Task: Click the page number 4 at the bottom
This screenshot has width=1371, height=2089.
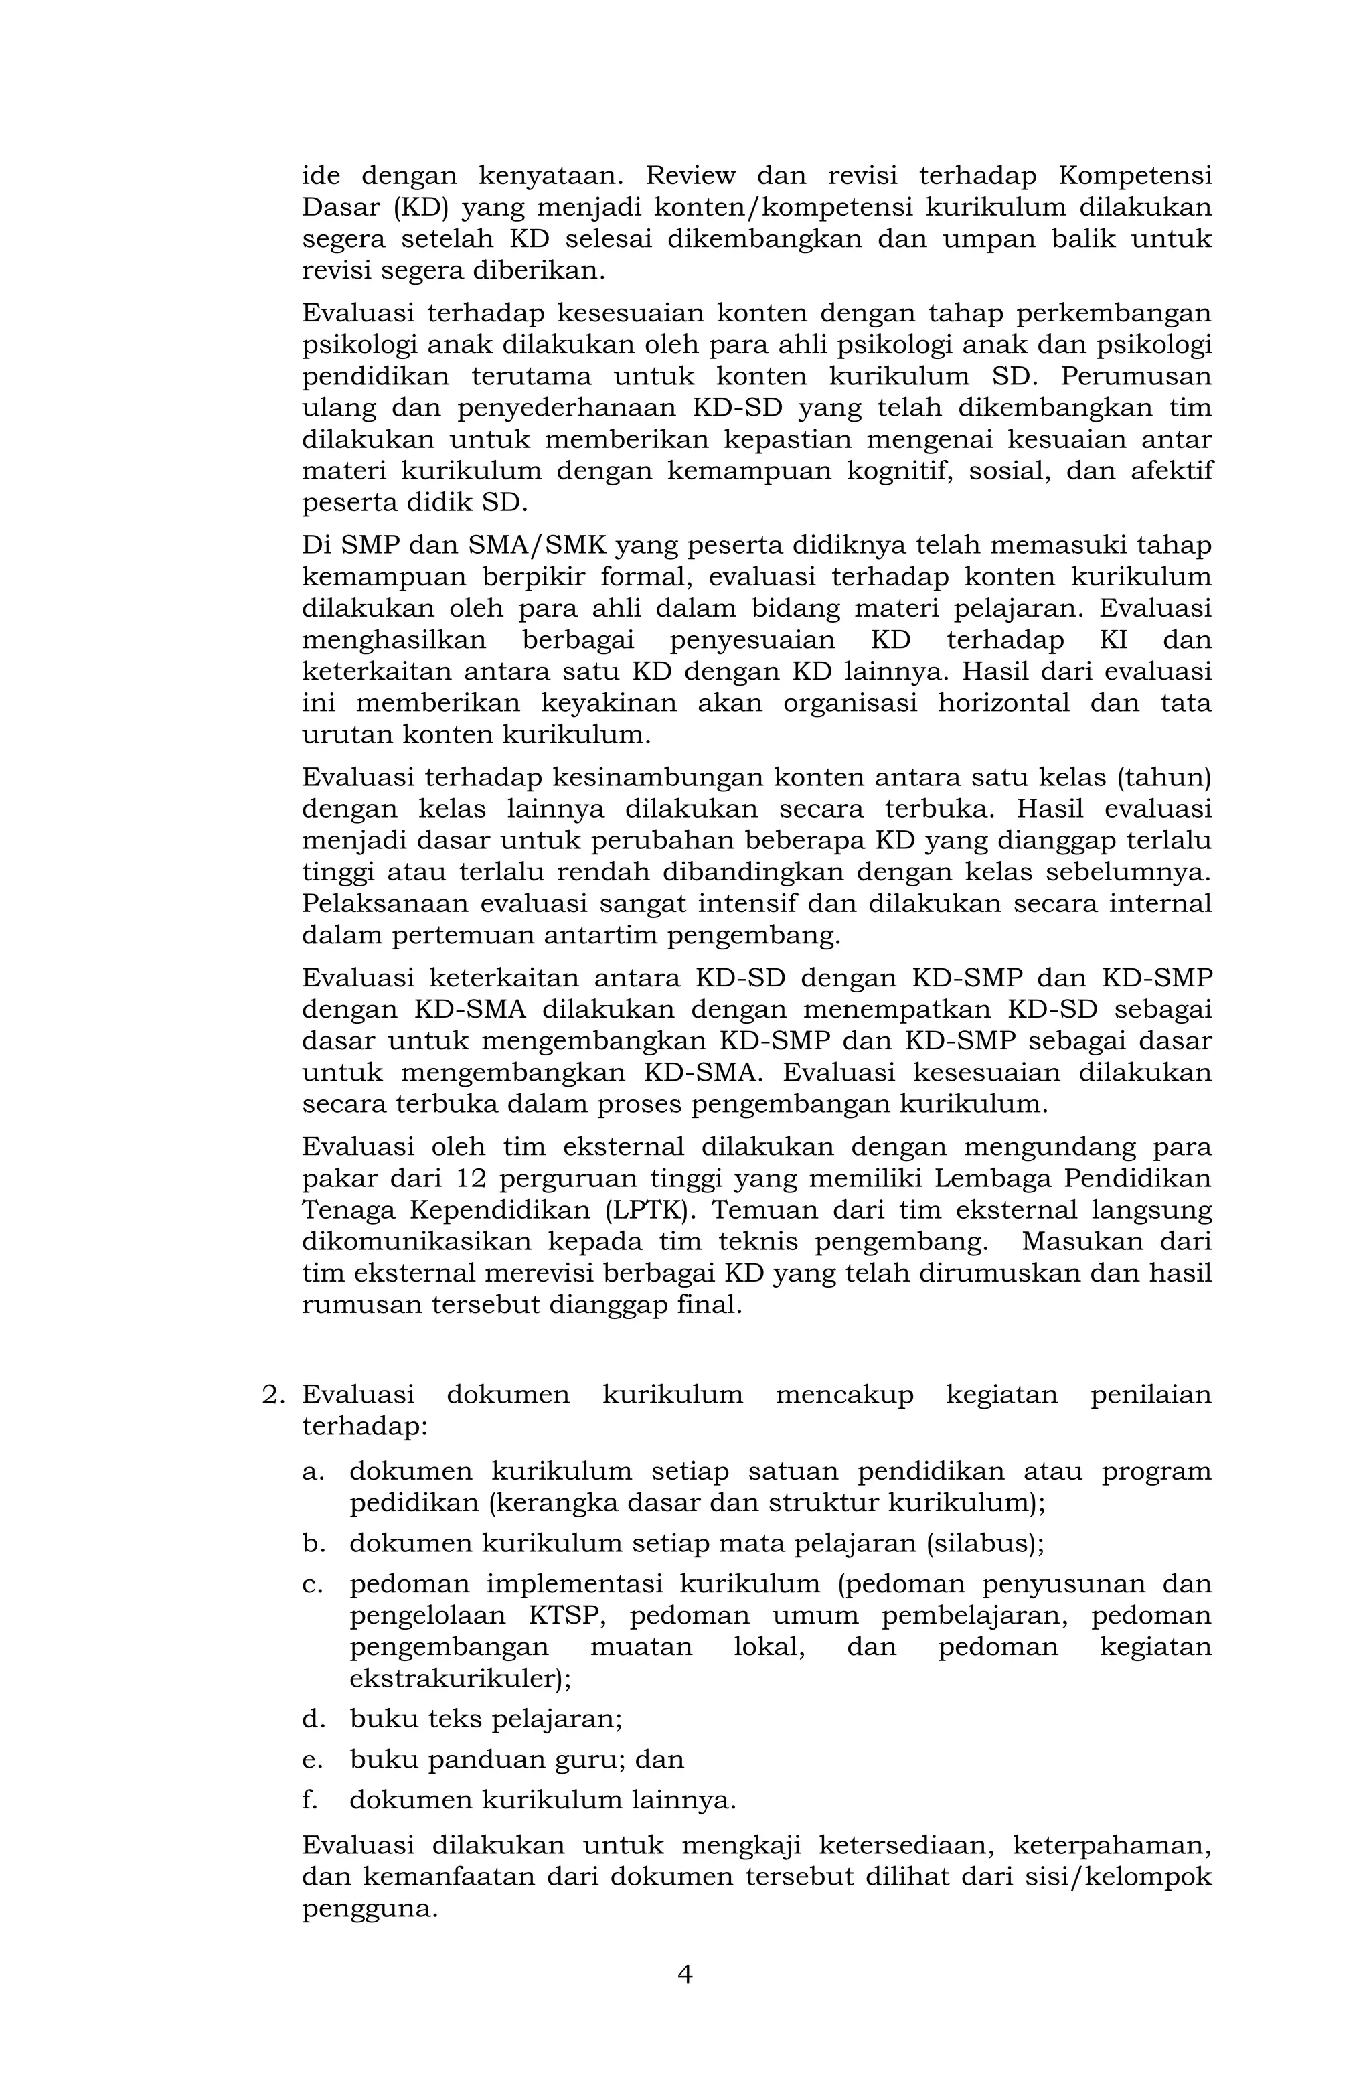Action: pyautogui.click(x=685, y=1974)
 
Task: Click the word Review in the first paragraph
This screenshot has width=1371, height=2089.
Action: pyautogui.click(x=691, y=175)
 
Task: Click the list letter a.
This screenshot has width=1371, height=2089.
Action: pyautogui.click(x=313, y=1471)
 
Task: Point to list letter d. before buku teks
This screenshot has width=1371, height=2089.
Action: pyautogui.click(x=313, y=1719)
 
